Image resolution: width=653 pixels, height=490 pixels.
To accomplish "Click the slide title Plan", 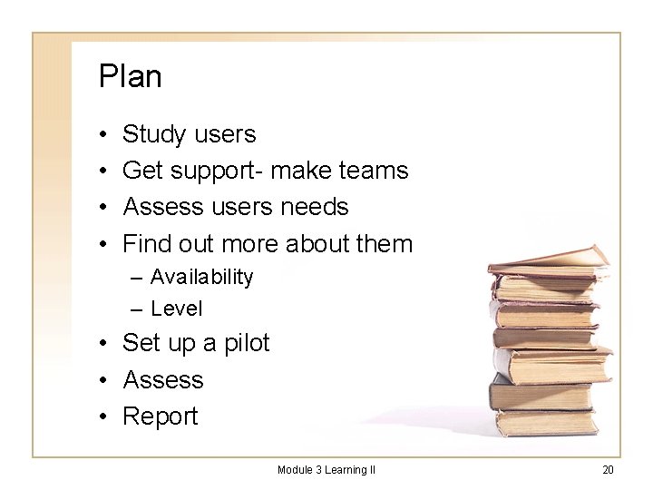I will coord(131,76).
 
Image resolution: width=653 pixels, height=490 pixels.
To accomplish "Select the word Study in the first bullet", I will coord(151,135).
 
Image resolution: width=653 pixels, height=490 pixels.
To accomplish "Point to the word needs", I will coord(314,207).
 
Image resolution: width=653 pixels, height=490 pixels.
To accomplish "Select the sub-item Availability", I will coord(201,277).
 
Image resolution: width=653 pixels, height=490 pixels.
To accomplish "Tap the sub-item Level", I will coord(177,309).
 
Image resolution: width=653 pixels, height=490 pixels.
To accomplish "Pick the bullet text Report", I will coord(160,416).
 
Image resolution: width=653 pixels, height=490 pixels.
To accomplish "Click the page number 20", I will coord(608,469).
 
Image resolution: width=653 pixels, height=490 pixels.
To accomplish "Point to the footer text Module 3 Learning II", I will coord(326,469).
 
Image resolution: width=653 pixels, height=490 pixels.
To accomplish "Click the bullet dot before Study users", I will coord(105,135).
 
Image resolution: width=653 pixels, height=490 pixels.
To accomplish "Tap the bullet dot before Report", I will coord(105,416).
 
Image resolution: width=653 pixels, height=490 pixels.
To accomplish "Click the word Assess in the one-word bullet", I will coord(163,379).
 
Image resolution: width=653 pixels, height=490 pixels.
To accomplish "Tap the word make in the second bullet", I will coord(303,171).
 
